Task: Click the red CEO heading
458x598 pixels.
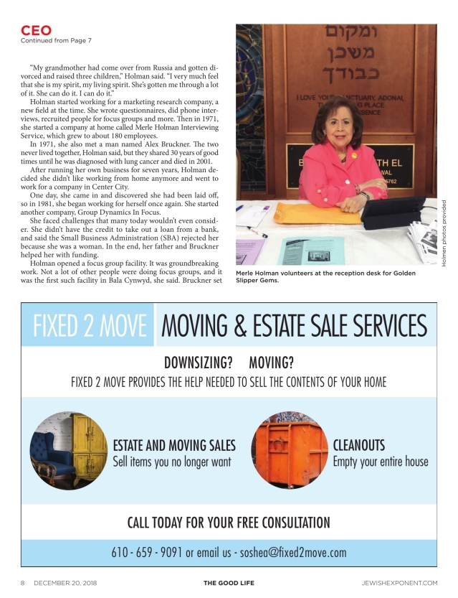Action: click(35, 30)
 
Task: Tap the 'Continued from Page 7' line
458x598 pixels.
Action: click(54, 39)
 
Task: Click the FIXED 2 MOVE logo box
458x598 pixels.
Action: click(89, 325)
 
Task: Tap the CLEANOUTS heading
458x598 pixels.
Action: click(359, 445)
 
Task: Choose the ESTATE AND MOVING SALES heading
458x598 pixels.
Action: click(174, 445)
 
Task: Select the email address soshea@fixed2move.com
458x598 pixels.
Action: click(292, 553)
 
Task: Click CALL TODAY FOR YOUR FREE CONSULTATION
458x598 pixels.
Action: click(229, 522)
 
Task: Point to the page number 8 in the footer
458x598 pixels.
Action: click(23, 582)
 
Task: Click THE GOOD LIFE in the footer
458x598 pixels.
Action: click(229, 582)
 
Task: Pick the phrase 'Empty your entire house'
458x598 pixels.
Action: click(380, 462)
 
